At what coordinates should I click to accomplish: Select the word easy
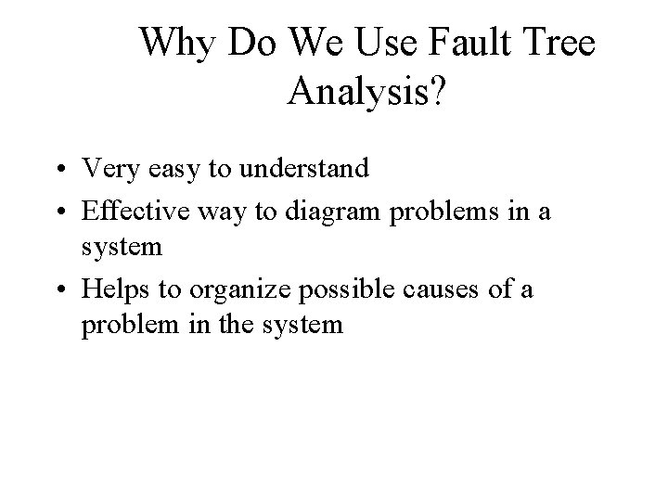[x=167, y=169]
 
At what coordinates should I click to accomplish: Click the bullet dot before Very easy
[x=58, y=170]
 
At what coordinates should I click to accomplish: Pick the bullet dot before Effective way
[x=58, y=212]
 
